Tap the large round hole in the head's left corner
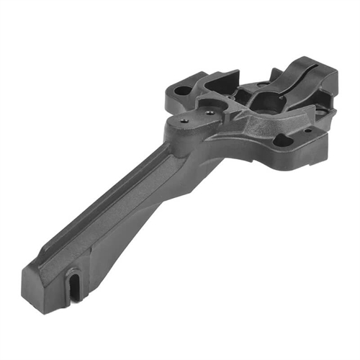point(184,91)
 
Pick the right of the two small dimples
point(208,112)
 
